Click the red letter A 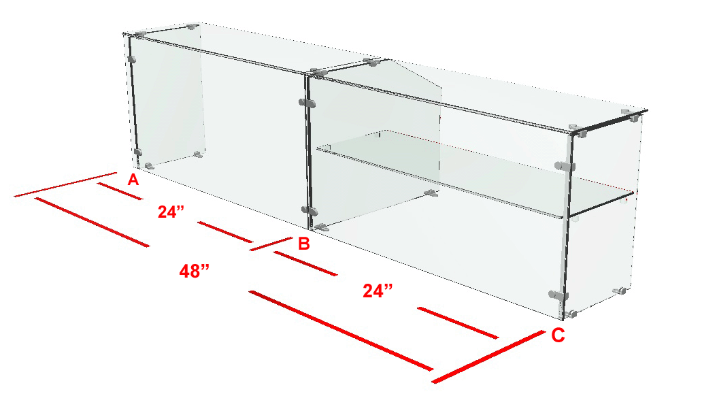[133, 180]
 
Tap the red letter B [303, 244]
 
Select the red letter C [558, 335]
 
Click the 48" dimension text [195, 271]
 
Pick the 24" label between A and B [171, 212]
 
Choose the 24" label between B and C [378, 291]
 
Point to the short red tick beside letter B [271, 244]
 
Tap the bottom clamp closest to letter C [571, 314]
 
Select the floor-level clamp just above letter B [322, 227]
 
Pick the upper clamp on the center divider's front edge [307, 103]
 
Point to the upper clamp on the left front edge [132, 59]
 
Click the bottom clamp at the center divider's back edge [431, 193]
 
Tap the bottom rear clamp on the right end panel [619, 291]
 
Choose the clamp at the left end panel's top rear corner [193, 27]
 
